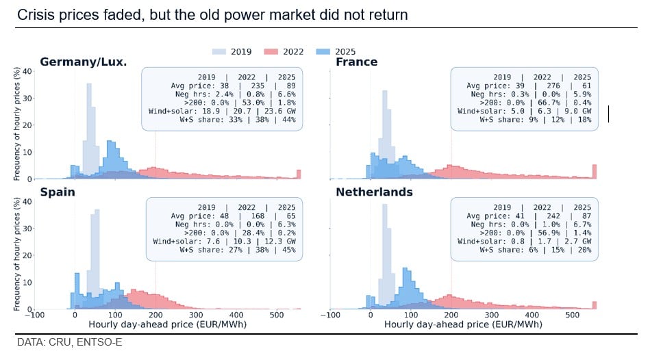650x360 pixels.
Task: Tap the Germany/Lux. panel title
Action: pyautogui.click(x=83, y=62)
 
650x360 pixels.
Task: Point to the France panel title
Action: pyautogui.click(x=356, y=62)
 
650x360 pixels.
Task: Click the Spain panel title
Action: pyautogui.click(x=57, y=192)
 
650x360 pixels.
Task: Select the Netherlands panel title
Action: pyautogui.click(x=374, y=192)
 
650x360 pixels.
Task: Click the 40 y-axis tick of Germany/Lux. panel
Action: pyautogui.click(x=27, y=71)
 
